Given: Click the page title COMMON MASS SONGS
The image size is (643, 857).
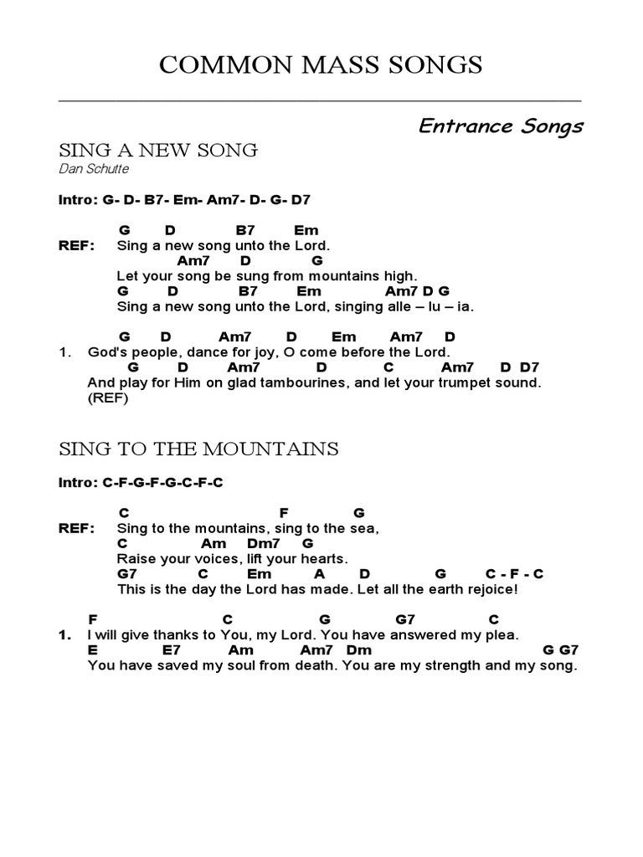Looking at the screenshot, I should pos(321,65).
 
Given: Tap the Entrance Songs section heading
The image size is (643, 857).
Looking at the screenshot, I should pos(501,126).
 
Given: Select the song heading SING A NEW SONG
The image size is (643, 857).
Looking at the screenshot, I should pos(157,151).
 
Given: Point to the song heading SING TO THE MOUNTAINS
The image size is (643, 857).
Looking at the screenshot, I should pos(198,449).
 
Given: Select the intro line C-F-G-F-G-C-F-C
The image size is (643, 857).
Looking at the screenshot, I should pos(141,483).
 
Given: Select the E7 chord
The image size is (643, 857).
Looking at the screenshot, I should pos(172,649).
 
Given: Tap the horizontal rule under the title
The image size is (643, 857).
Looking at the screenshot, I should pos(321,100).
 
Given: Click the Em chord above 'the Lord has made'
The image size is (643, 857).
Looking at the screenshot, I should pos(260,573).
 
